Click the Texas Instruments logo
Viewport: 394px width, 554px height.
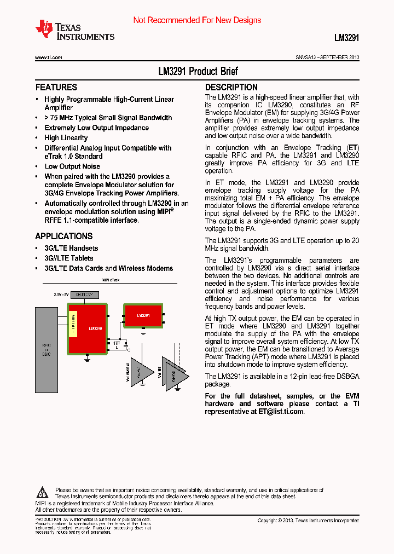pyautogui.click(x=74, y=31)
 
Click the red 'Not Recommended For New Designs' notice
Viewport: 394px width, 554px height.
pyautogui.click(x=197, y=20)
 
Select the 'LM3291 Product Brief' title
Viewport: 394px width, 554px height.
pyautogui.click(x=198, y=72)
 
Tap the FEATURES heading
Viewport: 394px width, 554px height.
pyautogui.click(x=56, y=88)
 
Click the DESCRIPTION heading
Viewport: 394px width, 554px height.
pyautogui.click(x=231, y=88)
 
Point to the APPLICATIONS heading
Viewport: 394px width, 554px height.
pyautogui.click(x=63, y=236)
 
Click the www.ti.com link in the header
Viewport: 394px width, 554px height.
pyautogui.click(x=48, y=57)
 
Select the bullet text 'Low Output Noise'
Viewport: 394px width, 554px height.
pyautogui.click(x=72, y=166)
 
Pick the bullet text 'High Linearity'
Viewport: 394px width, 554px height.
pyautogui.click(x=66, y=138)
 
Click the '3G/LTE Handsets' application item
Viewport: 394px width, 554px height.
pyautogui.click(x=71, y=248)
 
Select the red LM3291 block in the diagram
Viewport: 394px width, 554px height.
pyautogui.click(x=143, y=316)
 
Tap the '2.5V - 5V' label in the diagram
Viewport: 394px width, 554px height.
pyautogui.click(x=61, y=295)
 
